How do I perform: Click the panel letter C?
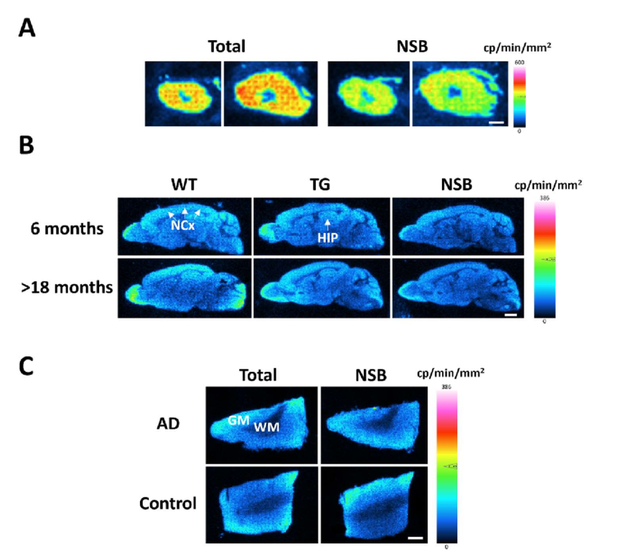27,365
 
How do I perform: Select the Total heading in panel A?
226,46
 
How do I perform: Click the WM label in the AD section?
266,427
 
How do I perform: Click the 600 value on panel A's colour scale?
519,62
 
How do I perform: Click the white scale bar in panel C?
415,537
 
